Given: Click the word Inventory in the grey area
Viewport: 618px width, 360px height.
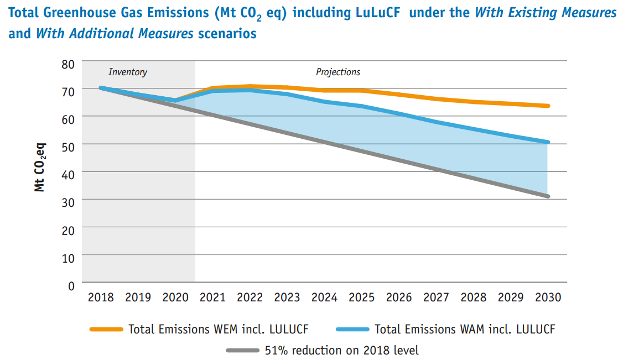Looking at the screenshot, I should coord(128,72).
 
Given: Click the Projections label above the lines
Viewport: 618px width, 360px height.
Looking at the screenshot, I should coord(338,72).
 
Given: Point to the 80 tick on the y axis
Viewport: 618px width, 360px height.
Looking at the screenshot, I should coord(67,64).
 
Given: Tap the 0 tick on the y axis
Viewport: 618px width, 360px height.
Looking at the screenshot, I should coord(70,285).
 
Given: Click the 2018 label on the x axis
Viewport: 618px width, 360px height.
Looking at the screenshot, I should coord(101,298).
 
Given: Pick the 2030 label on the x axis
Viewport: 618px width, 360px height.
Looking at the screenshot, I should coord(548,298).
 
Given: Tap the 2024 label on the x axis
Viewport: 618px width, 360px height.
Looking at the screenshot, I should coord(324,298).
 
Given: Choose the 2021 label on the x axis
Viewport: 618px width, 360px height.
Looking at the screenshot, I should coord(212,298).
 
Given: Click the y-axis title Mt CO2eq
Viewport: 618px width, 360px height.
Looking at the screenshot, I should coord(40,168).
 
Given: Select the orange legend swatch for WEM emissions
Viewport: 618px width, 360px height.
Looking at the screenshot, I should coord(106,330).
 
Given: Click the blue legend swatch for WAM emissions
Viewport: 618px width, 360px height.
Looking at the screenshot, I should coord(352,330).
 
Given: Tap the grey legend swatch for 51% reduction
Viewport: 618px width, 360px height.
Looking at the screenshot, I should coord(243,351).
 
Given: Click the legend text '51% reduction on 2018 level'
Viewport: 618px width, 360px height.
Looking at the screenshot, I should coord(342,351).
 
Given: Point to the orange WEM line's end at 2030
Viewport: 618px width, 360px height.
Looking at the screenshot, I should coord(548,106).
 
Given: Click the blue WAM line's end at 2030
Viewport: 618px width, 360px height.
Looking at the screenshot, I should coord(548,142).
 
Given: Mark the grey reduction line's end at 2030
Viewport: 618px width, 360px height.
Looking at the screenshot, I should coord(548,196).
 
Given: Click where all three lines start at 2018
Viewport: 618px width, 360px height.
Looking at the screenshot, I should coord(101,88).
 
